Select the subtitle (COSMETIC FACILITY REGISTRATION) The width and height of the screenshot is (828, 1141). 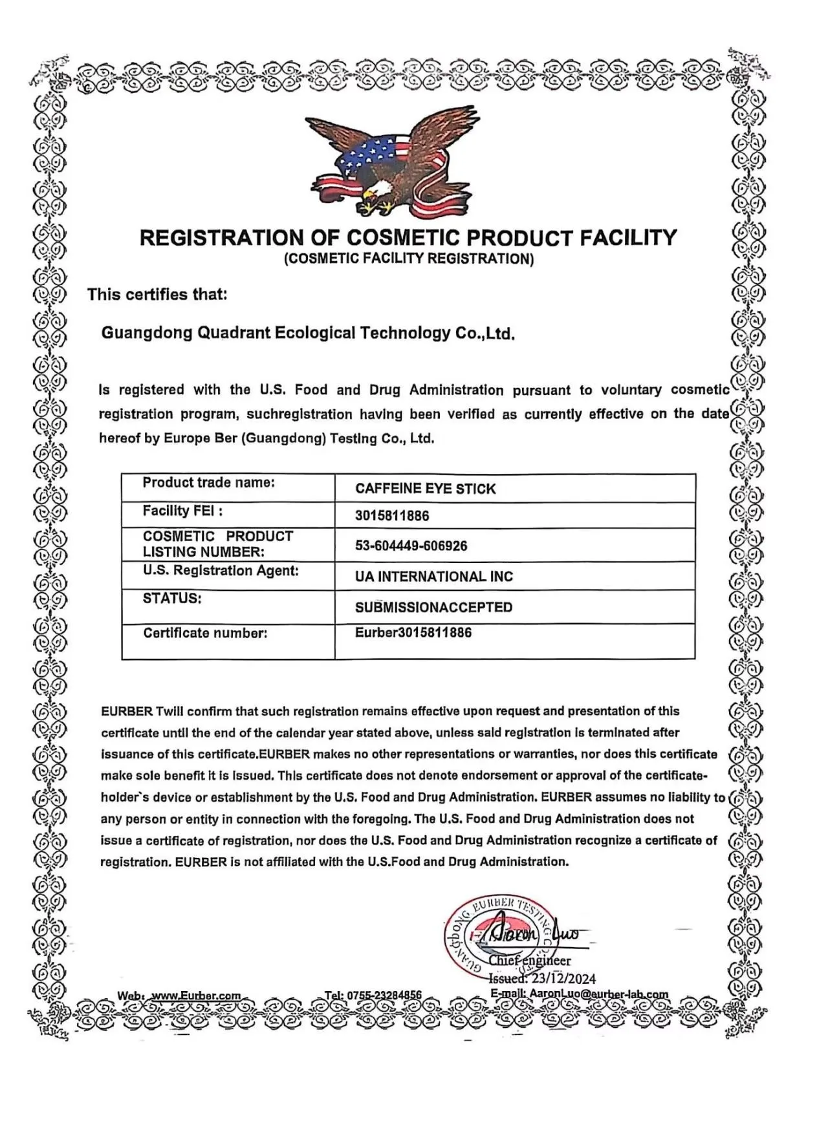[409, 259]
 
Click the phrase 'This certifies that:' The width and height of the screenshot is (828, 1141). [157, 295]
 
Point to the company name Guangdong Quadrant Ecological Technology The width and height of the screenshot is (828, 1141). [308, 334]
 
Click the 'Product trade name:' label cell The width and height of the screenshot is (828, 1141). [208, 482]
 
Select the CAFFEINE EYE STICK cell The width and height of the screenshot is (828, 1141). [425, 489]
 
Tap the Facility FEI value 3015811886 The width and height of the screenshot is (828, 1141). [392, 516]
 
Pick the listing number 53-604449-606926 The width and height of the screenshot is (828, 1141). [411, 546]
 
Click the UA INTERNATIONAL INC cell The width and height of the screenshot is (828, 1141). [433, 577]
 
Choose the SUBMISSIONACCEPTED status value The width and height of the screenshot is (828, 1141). [433, 608]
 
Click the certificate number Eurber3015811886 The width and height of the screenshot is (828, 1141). [413, 632]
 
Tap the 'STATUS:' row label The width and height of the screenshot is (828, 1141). [172, 599]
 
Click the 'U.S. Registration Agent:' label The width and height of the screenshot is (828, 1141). [221, 571]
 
